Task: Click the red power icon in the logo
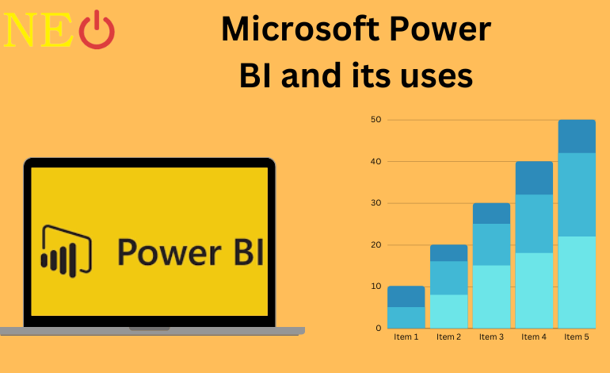click(x=97, y=30)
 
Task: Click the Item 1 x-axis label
click(x=406, y=337)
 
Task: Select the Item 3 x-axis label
click(x=492, y=337)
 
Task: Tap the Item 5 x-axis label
click(x=578, y=337)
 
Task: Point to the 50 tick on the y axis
click(x=376, y=120)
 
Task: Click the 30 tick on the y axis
click(x=376, y=203)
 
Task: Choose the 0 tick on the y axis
click(x=379, y=328)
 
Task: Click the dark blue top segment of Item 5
click(x=577, y=136)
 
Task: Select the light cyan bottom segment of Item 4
click(x=534, y=290)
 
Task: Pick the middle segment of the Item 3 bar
click(x=491, y=244)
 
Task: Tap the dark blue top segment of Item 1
click(x=406, y=296)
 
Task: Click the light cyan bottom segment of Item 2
click(x=448, y=311)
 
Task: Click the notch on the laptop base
click(x=149, y=328)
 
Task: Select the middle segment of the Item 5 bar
click(x=577, y=194)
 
